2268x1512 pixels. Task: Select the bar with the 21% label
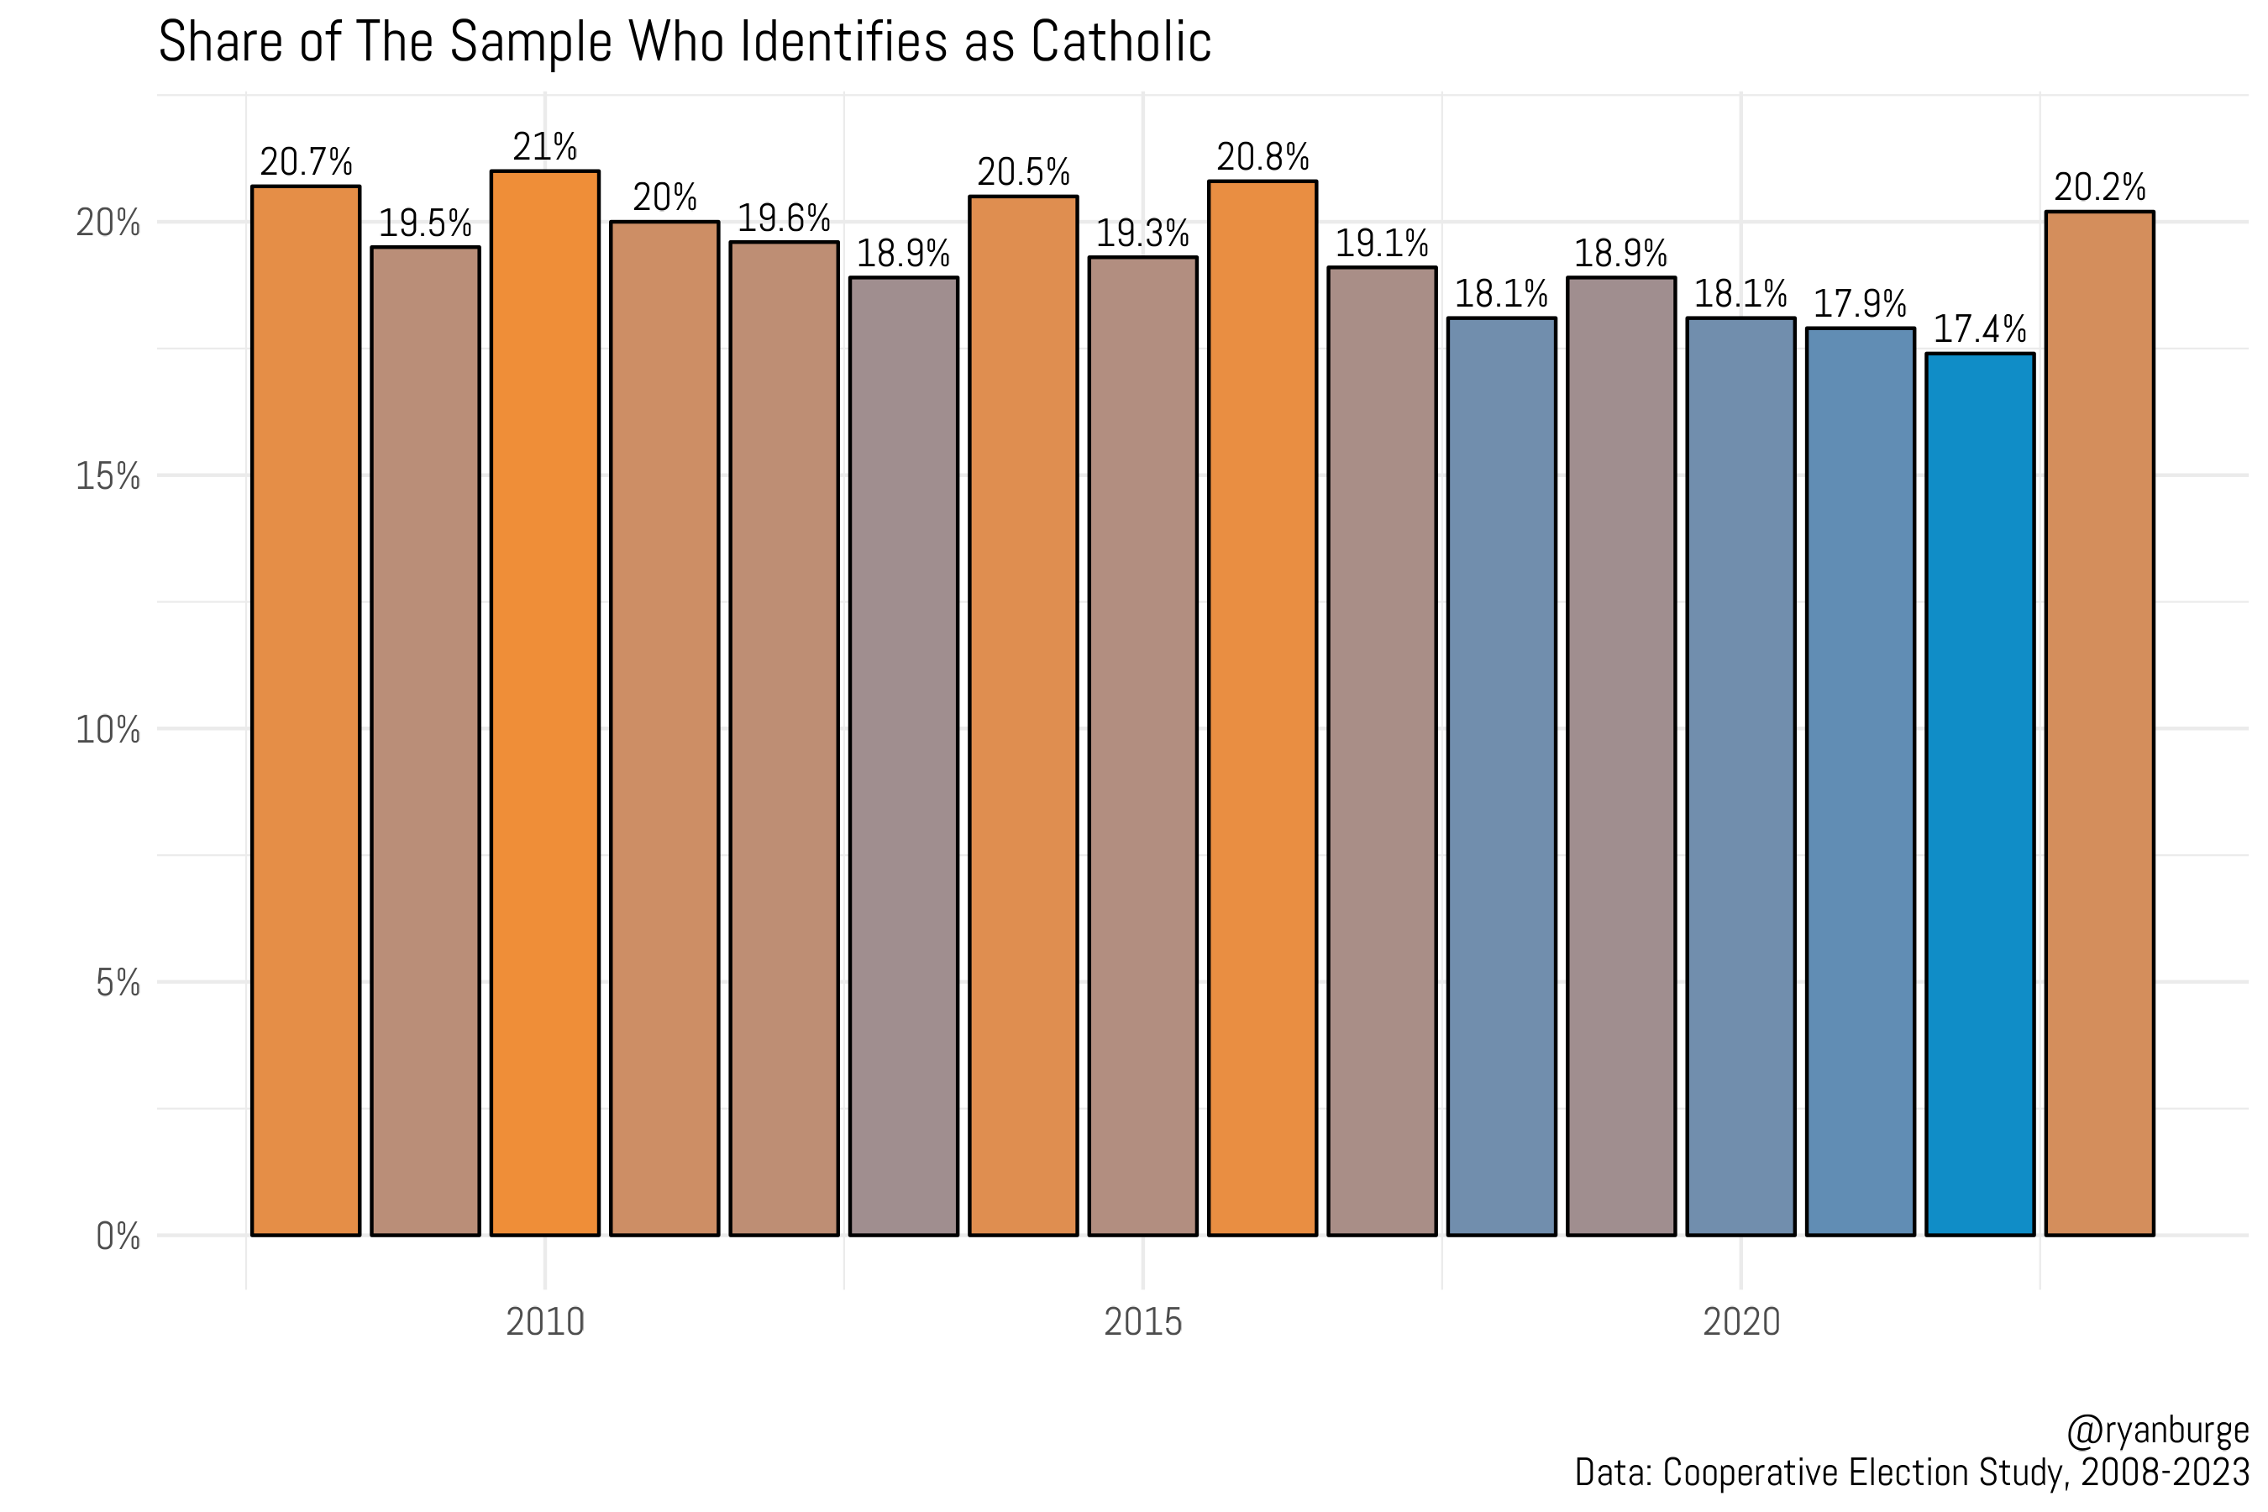[x=545, y=704]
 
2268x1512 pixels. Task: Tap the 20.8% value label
[x=1263, y=157]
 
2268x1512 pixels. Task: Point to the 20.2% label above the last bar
[x=2099, y=187]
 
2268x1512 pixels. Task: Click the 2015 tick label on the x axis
[x=1142, y=1322]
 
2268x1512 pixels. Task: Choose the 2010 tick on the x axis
[x=545, y=1322]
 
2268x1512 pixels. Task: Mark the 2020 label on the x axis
[x=1740, y=1322]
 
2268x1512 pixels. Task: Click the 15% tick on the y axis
[x=108, y=476]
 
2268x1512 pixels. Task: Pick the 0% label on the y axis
[x=118, y=1236]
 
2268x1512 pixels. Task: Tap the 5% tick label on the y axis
[x=118, y=984]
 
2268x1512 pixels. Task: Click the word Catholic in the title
[x=1121, y=43]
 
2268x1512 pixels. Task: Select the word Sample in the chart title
[x=530, y=43]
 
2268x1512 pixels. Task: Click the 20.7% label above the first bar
[x=306, y=162]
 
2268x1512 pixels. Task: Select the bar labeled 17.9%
[x=1860, y=781]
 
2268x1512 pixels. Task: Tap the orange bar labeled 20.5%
[x=1023, y=713]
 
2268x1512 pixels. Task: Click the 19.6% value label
[x=783, y=218]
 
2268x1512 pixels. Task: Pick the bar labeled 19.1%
[x=1382, y=752]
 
